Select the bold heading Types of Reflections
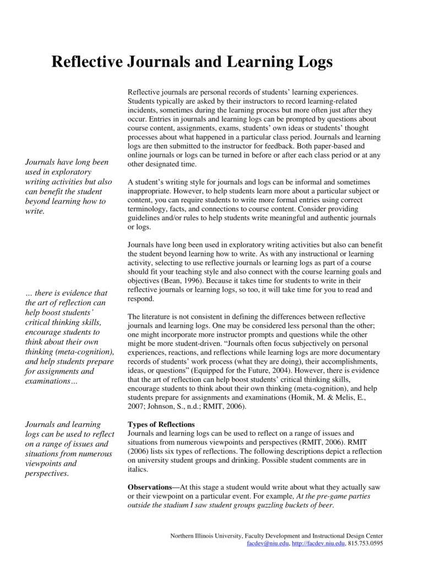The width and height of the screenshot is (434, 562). tap(161, 424)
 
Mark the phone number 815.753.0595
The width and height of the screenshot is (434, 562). tap(366, 543)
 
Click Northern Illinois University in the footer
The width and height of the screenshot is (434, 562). tap(206, 536)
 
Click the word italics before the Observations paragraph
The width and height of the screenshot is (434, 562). tap(138, 469)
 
